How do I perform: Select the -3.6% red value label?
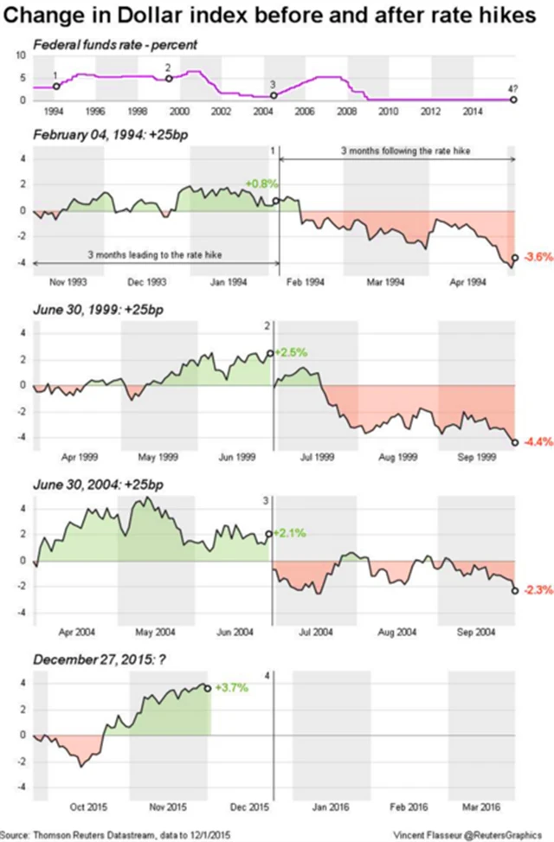click(x=538, y=257)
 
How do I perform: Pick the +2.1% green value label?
click(x=290, y=533)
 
